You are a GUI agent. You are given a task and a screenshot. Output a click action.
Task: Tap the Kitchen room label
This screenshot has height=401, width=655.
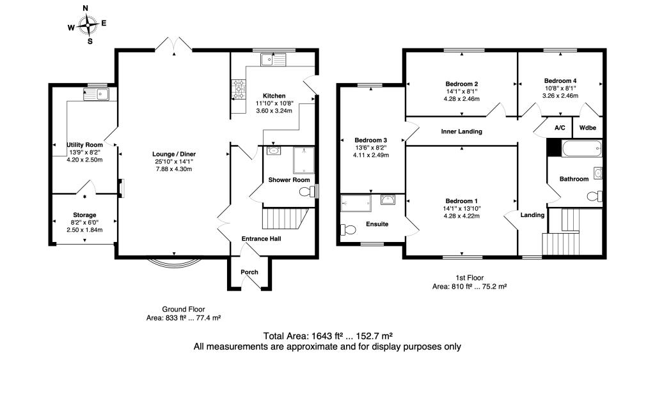click(x=273, y=96)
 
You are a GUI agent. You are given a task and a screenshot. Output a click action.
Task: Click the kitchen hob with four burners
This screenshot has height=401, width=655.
click(x=239, y=90)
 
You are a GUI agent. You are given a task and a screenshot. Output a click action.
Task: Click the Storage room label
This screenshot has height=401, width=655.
click(x=84, y=215)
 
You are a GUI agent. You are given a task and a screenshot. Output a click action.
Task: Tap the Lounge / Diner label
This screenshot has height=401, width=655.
click(x=174, y=154)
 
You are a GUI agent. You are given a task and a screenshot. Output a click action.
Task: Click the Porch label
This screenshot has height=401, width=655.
click(x=249, y=272)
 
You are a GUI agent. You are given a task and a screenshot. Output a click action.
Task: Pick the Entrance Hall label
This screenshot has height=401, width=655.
click(x=260, y=239)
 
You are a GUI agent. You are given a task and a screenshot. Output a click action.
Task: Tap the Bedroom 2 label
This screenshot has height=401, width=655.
click(x=462, y=84)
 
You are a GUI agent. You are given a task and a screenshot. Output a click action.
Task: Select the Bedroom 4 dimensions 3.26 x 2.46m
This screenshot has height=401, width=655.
click(x=560, y=96)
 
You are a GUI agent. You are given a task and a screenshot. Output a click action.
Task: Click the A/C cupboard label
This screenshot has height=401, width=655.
click(x=560, y=128)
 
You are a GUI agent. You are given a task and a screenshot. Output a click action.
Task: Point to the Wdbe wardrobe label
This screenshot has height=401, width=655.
click(x=588, y=128)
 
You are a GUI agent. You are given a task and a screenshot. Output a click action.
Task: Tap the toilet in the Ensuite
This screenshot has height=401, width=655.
click(x=349, y=229)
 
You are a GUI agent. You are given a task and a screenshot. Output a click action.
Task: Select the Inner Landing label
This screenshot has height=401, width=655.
click(x=461, y=132)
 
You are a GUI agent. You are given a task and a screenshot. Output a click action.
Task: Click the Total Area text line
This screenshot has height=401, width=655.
click(x=327, y=336)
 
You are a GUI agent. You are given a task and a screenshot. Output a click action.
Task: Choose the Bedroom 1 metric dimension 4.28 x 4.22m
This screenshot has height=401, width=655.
click(x=461, y=215)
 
